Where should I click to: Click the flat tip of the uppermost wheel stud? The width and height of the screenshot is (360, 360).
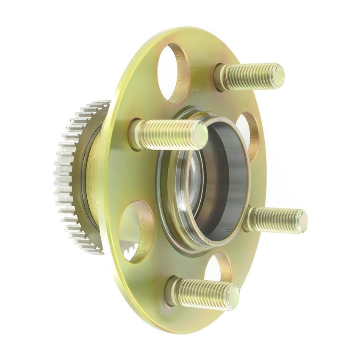[278, 75]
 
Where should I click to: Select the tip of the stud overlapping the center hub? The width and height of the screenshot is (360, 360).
[200, 134]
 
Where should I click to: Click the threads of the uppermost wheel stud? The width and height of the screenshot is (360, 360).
[250, 76]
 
